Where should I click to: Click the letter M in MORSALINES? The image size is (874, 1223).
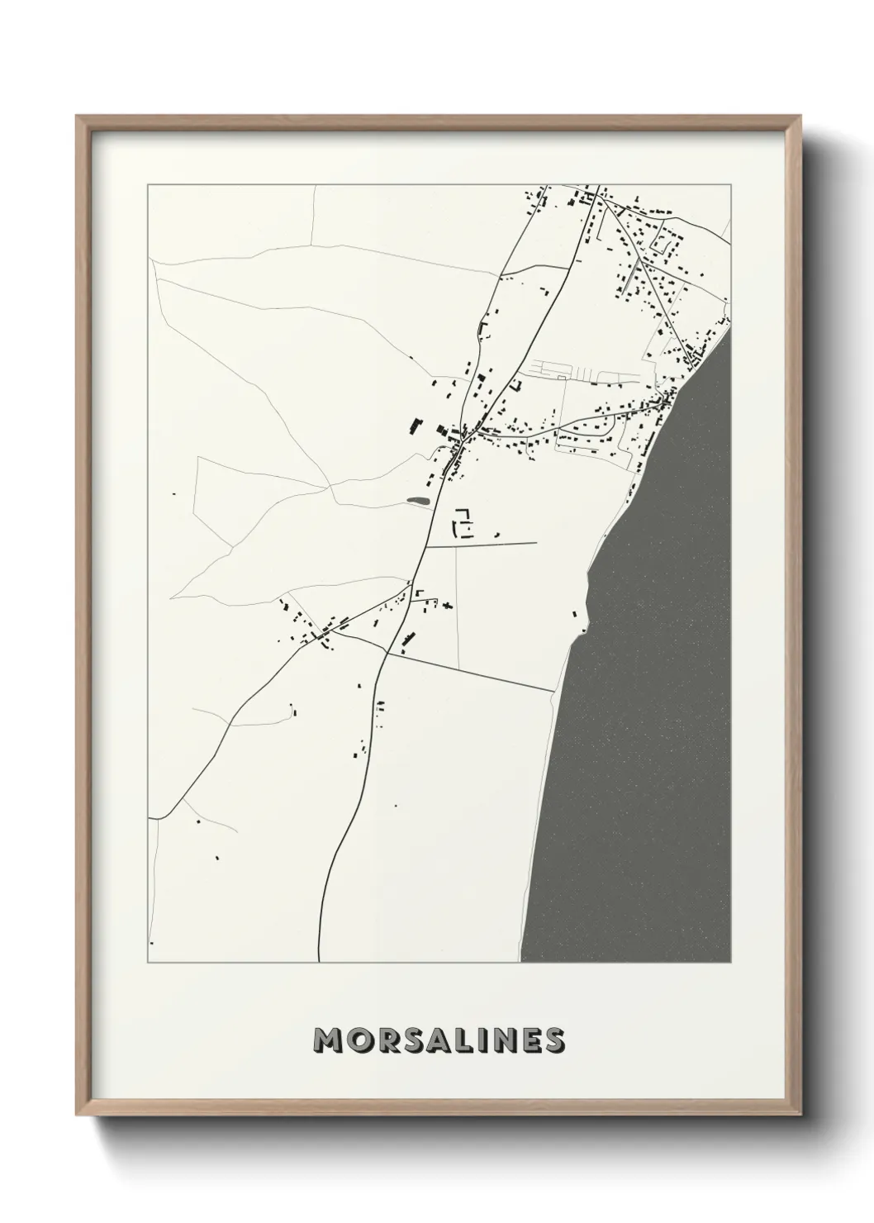pos(328,1040)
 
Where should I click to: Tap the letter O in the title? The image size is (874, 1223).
pos(358,1040)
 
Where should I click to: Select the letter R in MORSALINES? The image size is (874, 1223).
pos(384,1040)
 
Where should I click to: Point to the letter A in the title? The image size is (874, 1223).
pos(436,1040)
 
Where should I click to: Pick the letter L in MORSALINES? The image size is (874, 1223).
pos(462,1040)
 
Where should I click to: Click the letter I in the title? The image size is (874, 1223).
pos(481,1040)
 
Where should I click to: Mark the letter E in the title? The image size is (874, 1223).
pos(530,1040)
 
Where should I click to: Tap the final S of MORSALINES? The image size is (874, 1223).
pos(554,1040)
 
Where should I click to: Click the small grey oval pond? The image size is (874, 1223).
pos(418,500)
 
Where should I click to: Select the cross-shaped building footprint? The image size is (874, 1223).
pos(447,606)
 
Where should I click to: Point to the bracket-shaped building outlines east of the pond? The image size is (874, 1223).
pos(463,524)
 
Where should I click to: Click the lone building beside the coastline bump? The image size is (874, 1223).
pos(572,614)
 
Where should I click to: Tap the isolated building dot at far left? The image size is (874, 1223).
pos(173,494)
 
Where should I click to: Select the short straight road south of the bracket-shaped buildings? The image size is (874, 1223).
pos(481,545)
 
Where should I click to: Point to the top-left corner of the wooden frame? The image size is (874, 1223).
pos(78,118)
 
